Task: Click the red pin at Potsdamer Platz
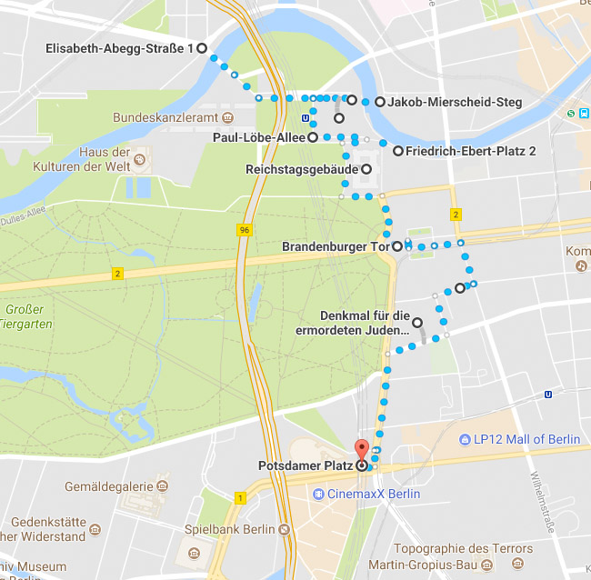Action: pos(361,450)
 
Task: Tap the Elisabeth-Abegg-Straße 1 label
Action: pos(120,48)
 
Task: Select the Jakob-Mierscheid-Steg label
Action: pos(455,102)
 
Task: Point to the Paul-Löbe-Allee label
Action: pos(258,137)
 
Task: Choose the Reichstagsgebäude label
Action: pos(301,169)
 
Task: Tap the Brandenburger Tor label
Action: pos(335,246)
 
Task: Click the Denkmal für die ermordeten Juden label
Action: pos(365,323)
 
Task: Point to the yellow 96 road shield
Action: pos(244,231)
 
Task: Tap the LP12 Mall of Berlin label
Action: pos(526,440)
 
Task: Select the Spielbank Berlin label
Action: pos(229,529)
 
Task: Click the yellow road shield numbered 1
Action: pos(240,497)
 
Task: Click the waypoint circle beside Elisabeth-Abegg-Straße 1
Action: pos(202,48)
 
